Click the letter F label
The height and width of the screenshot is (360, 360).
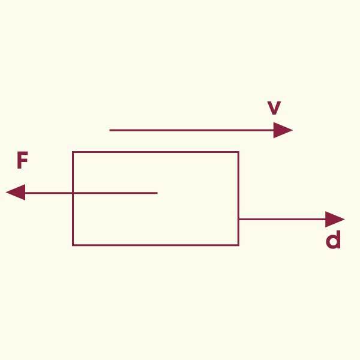[x=22, y=161]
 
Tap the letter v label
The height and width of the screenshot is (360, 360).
[x=274, y=108]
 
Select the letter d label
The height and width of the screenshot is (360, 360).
[x=333, y=240]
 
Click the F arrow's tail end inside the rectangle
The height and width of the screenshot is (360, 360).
[x=157, y=193]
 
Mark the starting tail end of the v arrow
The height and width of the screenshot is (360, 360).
[x=110, y=130]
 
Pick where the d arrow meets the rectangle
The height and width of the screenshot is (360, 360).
[x=238, y=220]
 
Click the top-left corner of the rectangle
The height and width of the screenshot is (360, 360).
[x=73, y=152]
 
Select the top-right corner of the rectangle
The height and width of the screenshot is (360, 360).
[x=238, y=152]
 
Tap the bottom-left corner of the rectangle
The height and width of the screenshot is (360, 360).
[x=73, y=245]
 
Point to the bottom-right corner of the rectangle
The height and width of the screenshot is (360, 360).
[x=238, y=245]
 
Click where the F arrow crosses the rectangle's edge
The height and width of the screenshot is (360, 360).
[x=73, y=193]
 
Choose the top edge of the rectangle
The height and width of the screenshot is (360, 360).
[x=156, y=152]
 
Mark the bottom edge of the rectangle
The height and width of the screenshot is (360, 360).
[x=156, y=245]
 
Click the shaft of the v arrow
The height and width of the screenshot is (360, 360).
[x=192, y=130]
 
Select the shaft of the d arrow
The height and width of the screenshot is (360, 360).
[x=282, y=220]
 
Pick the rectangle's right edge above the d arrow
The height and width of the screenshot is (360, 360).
[x=238, y=186]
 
